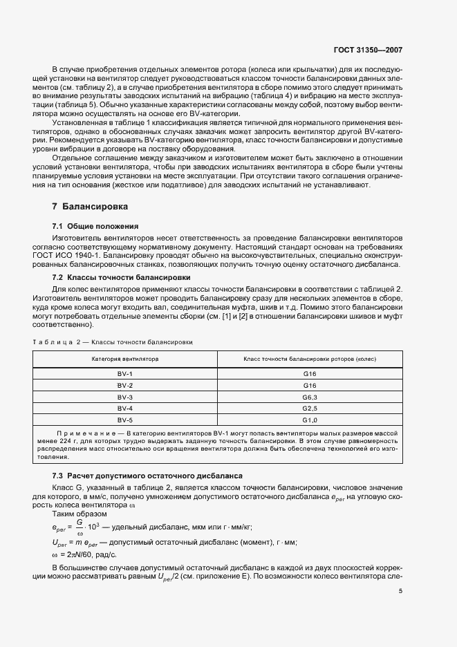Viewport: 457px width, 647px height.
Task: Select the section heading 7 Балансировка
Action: coord(90,207)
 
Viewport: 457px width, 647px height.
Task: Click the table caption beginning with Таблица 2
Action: coord(113,342)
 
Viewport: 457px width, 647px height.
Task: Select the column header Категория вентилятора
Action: coord(125,359)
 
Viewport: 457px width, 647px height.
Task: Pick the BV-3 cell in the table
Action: coord(125,397)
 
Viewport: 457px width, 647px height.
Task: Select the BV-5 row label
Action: coord(125,420)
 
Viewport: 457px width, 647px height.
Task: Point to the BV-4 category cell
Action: coord(125,409)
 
